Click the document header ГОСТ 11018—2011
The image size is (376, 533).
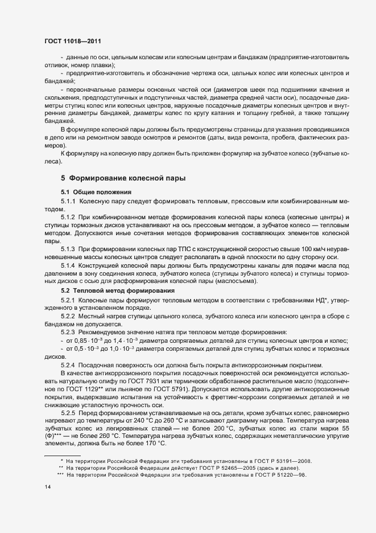(73, 41)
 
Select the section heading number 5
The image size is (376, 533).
(64, 179)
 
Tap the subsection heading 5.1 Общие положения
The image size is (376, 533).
(96, 192)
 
